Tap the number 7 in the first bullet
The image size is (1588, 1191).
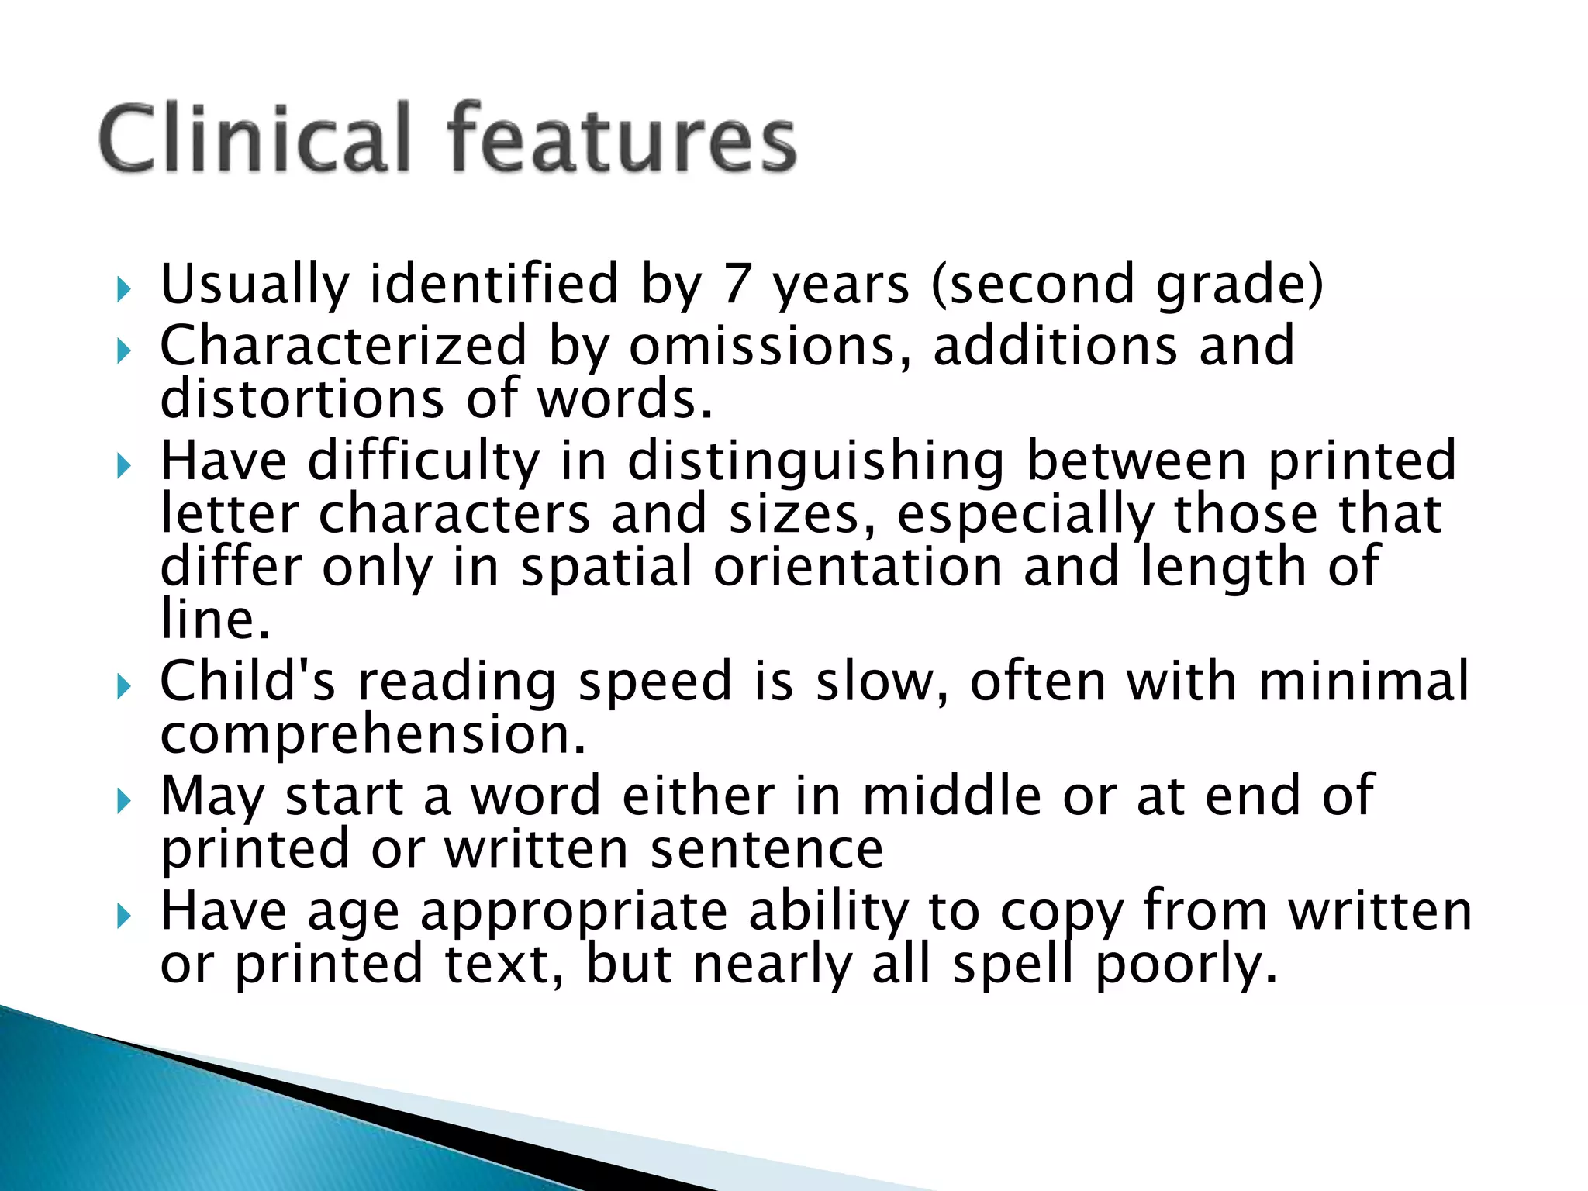(x=736, y=285)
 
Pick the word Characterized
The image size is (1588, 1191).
(x=343, y=346)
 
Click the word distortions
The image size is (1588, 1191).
(x=302, y=399)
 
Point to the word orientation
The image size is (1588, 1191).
(x=858, y=567)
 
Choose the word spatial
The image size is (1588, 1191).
(x=606, y=568)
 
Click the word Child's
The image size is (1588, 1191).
(x=247, y=682)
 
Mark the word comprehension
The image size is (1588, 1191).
(x=372, y=736)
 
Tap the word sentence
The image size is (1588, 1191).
(x=766, y=849)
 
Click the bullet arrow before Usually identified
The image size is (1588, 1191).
(x=124, y=290)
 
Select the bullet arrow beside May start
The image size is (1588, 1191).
(x=124, y=802)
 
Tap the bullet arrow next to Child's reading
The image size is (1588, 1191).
(x=124, y=686)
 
